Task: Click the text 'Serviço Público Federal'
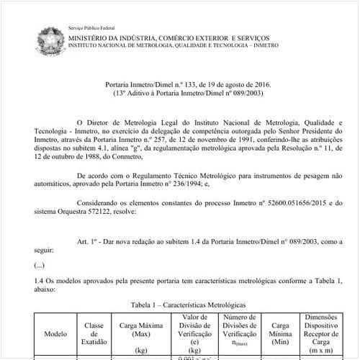click(x=92, y=26)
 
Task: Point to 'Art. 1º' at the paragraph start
click(x=87, y=243)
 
